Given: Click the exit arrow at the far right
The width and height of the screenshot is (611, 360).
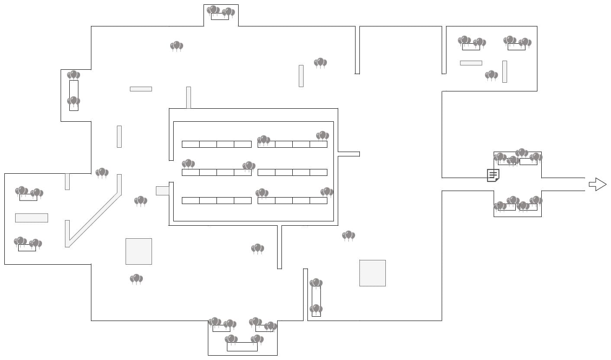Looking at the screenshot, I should point(598,184).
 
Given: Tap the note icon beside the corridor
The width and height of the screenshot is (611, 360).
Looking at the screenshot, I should point(493,175).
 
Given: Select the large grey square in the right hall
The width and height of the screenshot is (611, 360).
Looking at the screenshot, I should point(372,273).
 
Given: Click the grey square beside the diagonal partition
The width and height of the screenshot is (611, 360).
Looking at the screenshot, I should point(139,251).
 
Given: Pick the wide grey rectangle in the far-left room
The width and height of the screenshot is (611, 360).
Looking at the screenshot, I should point(32,218).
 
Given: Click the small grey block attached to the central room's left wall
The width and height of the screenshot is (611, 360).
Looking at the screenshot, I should point(162,191).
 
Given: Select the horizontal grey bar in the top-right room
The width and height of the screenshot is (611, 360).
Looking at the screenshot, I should point(471,63).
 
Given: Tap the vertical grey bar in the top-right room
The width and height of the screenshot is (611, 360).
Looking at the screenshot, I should point(504,71).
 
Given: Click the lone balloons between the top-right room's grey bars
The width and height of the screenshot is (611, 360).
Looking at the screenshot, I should point(491,75).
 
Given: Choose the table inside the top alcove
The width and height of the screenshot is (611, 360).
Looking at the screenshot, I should point(220,17).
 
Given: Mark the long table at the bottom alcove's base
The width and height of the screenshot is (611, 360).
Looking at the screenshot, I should point(242,347).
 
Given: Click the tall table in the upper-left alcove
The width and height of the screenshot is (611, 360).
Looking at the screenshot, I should point(74,95).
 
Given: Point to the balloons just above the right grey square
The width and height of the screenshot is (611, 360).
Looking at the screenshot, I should point(349,235).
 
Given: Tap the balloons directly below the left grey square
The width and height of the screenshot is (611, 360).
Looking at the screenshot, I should point(136,279).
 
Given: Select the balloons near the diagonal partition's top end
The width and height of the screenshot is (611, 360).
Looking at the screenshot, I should point(102,172).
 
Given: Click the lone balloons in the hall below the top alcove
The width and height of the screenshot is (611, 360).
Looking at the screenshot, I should point(177,45).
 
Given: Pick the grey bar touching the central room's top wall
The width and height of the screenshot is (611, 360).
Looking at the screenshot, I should point(188,97).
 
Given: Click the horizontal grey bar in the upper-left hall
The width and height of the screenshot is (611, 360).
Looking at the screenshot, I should point(141,89).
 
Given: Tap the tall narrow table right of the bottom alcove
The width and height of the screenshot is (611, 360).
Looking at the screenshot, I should point(316,301).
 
